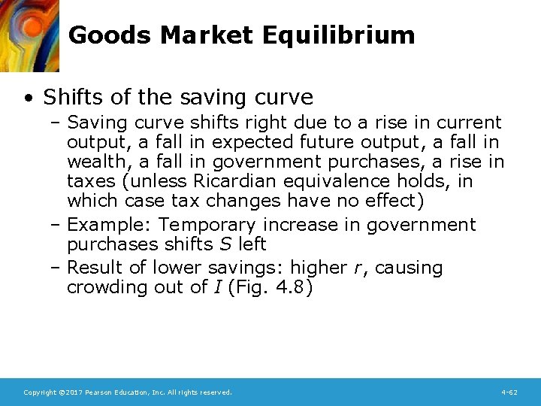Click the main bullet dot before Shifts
coord(27,98)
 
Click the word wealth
coord(92,162)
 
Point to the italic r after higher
coord(367,268)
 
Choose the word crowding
coord(105,288)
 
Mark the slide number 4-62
coord(509,392)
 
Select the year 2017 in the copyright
coord(71,392)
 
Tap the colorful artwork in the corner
coord(29,35)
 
